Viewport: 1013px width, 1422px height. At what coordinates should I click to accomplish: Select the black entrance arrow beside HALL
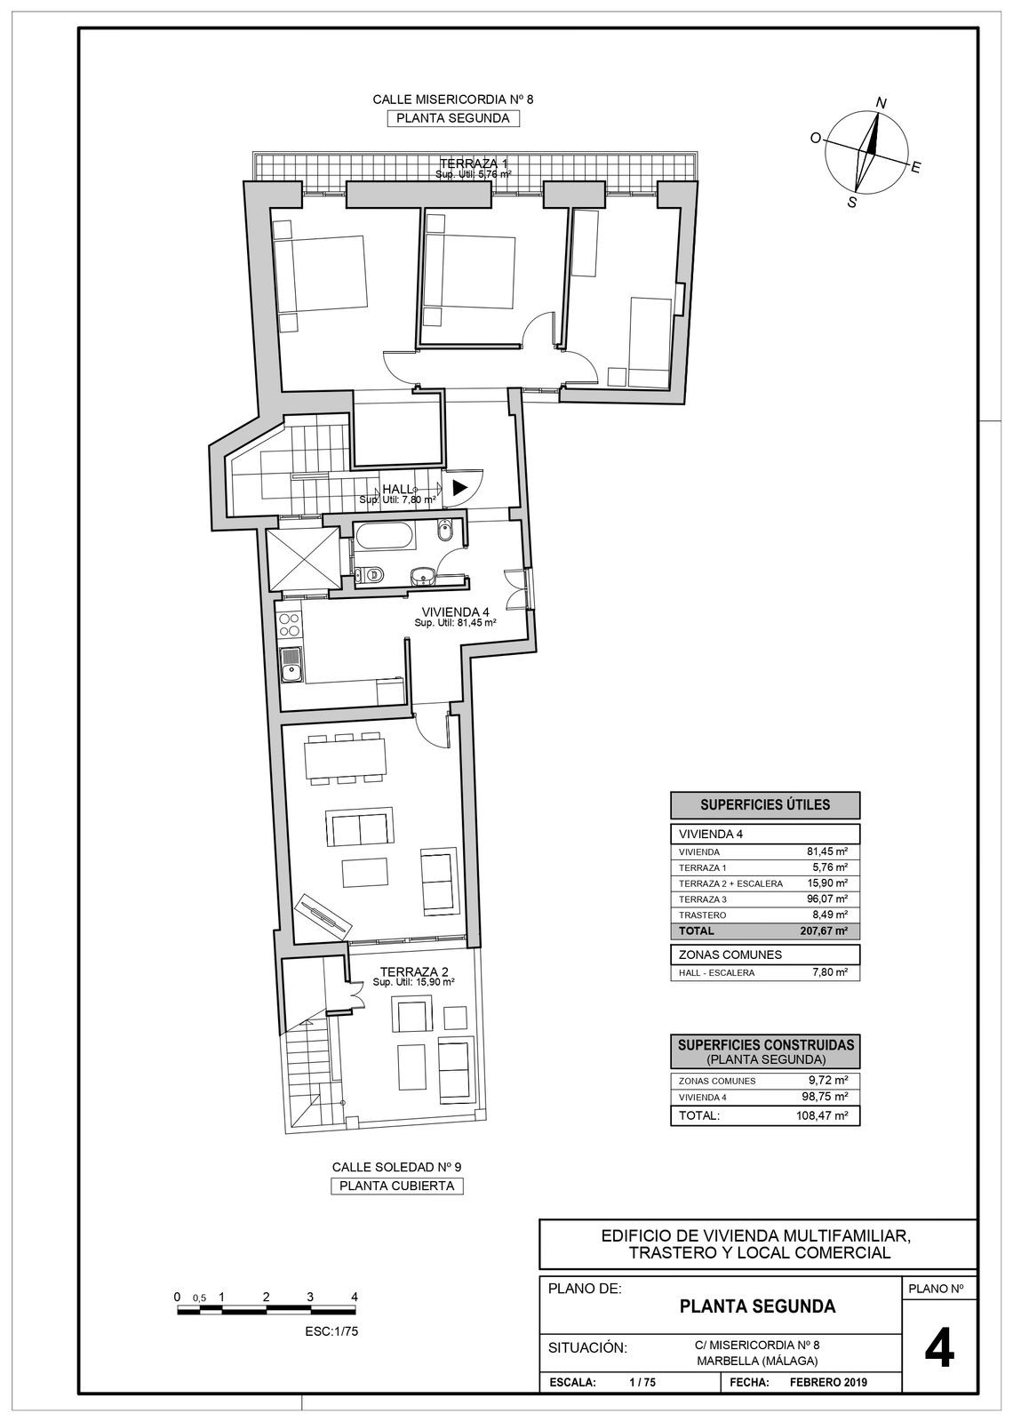(459, 487)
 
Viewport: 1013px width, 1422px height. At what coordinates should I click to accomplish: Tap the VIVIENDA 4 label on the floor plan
(455, 611)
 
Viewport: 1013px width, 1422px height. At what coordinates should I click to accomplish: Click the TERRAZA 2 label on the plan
(413, 971)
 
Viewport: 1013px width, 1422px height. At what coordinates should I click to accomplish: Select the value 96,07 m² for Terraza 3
(826, 899)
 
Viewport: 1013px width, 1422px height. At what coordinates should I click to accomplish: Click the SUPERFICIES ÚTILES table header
(765, 805)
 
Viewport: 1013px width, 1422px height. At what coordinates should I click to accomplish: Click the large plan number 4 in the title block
(939, 1352)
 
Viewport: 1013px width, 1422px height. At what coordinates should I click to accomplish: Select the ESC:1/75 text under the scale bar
(331, 1331)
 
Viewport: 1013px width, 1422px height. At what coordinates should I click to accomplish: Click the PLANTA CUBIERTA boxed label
(397, 1186)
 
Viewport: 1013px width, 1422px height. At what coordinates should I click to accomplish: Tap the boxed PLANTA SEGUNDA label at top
(452, 118)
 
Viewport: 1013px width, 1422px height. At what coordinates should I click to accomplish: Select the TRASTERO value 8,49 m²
(828, 915)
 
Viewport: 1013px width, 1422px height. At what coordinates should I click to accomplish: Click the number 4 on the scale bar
(355, 1297)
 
